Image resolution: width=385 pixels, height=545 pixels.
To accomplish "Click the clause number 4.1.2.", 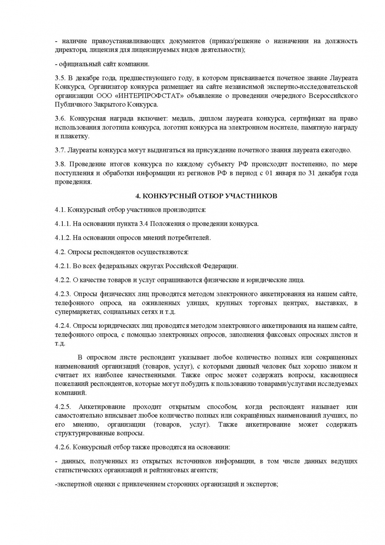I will tap(62, 238).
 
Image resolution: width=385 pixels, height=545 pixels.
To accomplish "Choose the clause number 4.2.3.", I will tap(62, 294).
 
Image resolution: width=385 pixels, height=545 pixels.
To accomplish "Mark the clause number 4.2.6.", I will tap(62, 447).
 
